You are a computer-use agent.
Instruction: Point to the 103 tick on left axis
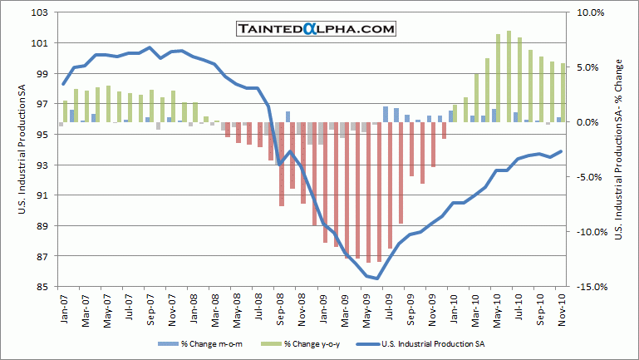click(x=39, y=12)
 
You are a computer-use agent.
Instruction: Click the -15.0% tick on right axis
click(x=589, y=287)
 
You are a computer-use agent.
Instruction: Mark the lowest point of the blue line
click(x=378, y=279)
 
